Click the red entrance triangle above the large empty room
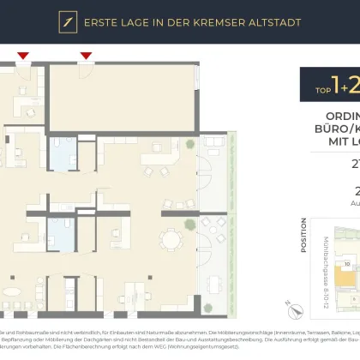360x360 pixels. tap(86, 57)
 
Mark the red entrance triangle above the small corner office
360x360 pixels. tap(23, 57)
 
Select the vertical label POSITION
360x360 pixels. tap(304, 237)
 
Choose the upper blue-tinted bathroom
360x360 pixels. tap(63, 157)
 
